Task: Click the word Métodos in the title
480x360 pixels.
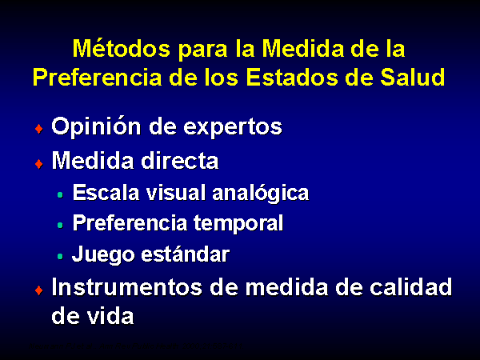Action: click(x=122, y=48)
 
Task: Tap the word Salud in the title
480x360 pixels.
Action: click(x=412, y=77)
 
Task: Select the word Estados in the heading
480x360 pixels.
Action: click(x=292, y=77)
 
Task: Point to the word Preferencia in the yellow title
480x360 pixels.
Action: click(x=97, y=77)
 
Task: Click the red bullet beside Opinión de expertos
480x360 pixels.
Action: click(x=39, y=129)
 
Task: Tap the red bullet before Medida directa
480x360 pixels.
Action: click(x=39, y=164)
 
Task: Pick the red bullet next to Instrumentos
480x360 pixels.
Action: click(x=39, y=290)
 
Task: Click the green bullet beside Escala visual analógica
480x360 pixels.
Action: click(x=60, y=194)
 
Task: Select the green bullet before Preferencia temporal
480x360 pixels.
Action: click(x=60, y=226)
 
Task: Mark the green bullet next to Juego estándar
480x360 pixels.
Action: click(x=60, y=256)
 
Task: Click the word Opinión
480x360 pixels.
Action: click(x=96, y=126)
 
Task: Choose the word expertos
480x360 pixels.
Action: click(x=233, y=127)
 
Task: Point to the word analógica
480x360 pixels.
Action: click(x=261, y=193)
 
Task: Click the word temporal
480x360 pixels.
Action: click(x=238, y=224)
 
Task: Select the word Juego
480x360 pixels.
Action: click(x=103, y=254)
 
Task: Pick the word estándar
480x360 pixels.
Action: click(x=186, y=254)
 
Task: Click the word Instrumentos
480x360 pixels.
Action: click(x=126, y=287)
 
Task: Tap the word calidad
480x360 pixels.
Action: click(x=411, y=287)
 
